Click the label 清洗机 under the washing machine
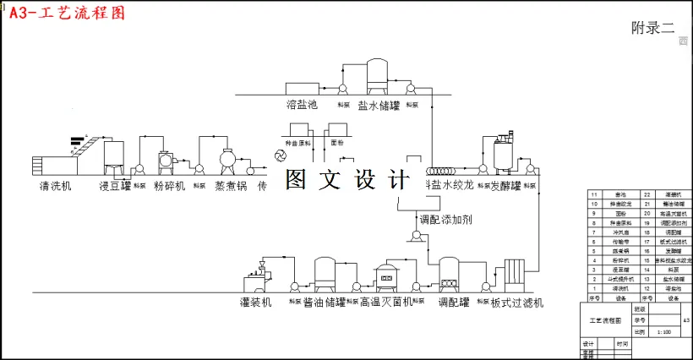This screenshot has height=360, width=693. (x=55, y=185)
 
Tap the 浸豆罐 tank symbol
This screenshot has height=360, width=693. (x=114, y=155)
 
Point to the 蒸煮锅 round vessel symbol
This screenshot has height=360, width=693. (x=227, y=160)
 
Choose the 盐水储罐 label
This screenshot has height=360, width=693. (x=378, y=106)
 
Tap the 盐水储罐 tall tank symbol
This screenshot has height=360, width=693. (x=377, y=75)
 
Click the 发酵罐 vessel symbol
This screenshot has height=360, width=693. (x=506, y=155)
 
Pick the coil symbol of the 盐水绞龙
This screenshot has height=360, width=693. (x=440, y=170)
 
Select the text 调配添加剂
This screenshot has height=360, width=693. (x=449, y=219)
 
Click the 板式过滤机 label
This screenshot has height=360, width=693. (x=517, y=302)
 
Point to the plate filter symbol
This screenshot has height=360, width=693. (x=516, y=275)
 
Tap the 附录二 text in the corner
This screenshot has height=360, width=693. (x=652, y=27)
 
